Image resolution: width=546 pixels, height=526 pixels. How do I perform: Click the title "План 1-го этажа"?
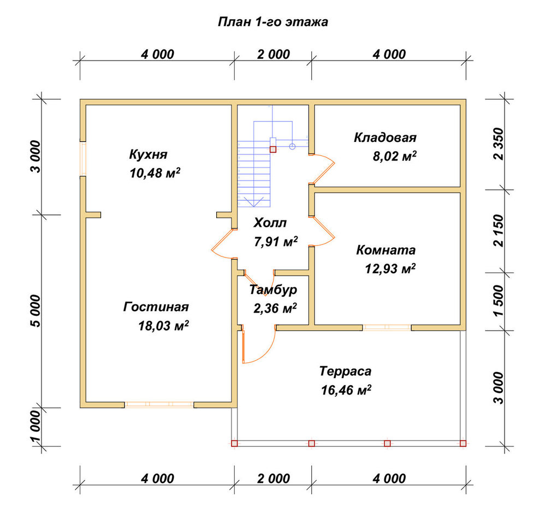tap(272, 22)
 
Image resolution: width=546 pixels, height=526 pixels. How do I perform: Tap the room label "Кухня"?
tap(149, 154)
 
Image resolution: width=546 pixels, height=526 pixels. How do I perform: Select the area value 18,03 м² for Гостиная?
tap(164, 326)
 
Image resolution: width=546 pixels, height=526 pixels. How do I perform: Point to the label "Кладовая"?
tap(385, 138)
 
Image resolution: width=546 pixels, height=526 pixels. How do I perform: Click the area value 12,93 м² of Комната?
tap(390, 268)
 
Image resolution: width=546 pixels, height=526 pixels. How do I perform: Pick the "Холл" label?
tap(270, 223)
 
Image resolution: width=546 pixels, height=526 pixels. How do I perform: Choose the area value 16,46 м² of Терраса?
tap(346, 390)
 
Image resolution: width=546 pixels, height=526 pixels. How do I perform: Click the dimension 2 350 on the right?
tap(498, 144)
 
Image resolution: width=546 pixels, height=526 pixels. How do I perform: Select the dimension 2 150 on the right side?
tap(498, 230)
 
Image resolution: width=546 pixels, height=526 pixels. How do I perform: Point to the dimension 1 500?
tap(498, 301)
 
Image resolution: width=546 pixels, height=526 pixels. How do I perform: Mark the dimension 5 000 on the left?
tap(36, 311)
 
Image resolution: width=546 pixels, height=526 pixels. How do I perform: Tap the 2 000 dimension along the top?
tap(274, 55)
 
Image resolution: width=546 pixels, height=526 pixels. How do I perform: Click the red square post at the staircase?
tap(273, 150)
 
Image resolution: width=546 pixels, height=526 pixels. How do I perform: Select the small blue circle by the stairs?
tap(292, 146)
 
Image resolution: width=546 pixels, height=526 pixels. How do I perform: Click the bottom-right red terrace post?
tap(463, 443)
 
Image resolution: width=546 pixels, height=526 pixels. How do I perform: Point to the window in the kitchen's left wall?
tap(83, 159)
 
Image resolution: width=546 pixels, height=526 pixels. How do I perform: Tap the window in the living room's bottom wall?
tap(159, 404)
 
